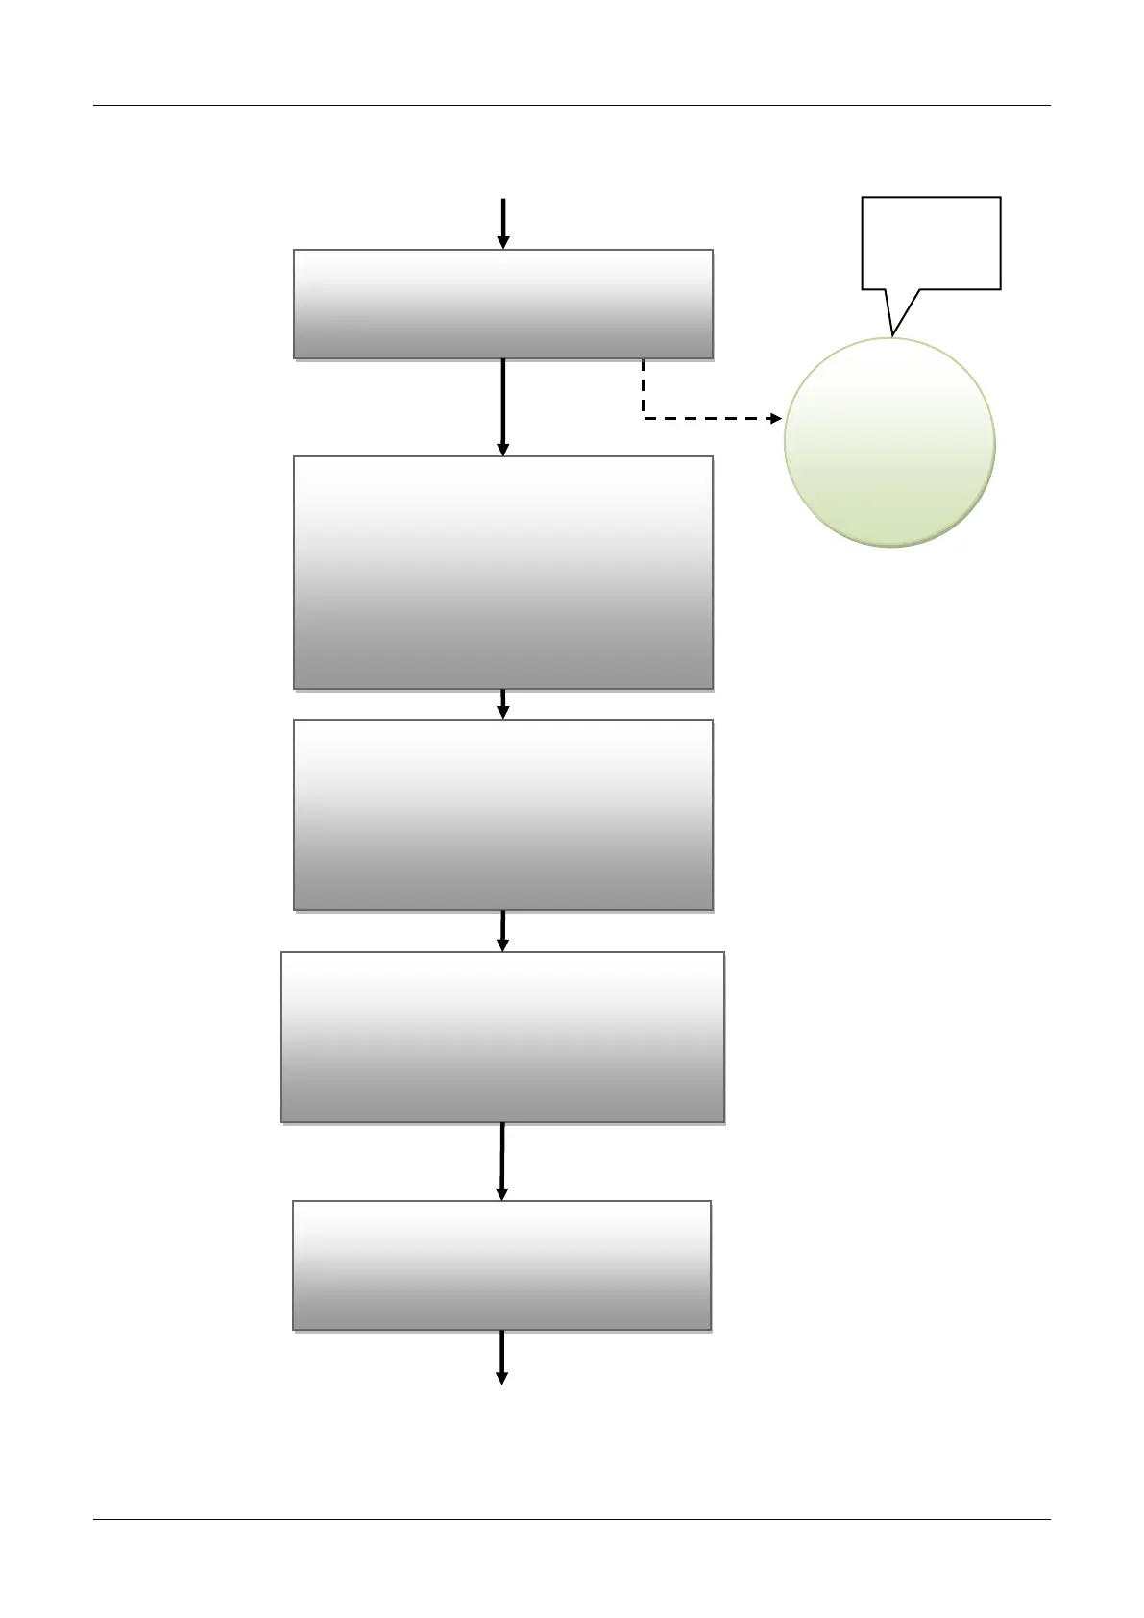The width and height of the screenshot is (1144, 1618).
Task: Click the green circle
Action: pos(889,443)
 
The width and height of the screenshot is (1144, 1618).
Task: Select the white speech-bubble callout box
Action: pos(931,242)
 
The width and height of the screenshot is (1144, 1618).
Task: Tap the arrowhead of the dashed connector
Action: pos(777,419)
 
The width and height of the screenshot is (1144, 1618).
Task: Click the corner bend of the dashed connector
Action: pos(644,418)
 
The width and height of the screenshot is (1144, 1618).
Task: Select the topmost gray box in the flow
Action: pos(502,305)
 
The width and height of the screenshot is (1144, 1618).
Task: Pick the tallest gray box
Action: pos(502,573)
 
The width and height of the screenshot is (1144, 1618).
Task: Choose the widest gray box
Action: pos(502,1038)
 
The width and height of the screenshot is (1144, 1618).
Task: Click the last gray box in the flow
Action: pos(501,1265)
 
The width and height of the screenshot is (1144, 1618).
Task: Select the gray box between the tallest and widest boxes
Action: pos(502,815)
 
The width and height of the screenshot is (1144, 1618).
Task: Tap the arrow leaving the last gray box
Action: pos(501,1356)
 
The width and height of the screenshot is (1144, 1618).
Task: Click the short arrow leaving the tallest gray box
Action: pos(502,704)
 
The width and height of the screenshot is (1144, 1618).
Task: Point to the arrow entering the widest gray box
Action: pos(502,931)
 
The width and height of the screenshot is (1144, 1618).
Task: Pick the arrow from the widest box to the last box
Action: pos(501,1161)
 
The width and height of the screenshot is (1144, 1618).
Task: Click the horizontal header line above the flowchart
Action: pos(572,106)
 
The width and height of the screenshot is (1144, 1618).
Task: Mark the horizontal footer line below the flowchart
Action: pos(572,1519)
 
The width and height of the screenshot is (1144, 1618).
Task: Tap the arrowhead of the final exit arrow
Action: pos(501,1378)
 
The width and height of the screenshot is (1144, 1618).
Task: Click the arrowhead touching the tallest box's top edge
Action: pos(502,449)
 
